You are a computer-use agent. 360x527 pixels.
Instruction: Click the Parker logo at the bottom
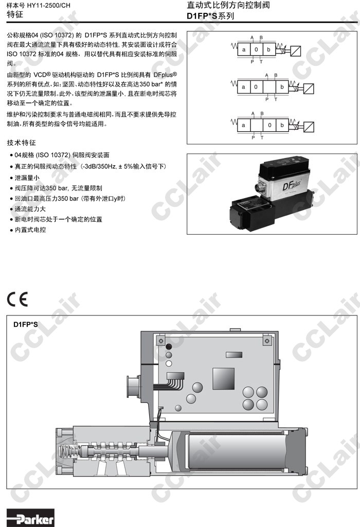pos(30,518)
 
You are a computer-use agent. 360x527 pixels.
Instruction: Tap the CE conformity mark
pos(17,299)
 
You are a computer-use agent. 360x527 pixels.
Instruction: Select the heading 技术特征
pos(21,143)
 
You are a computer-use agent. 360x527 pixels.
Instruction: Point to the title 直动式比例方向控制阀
pos(228,5)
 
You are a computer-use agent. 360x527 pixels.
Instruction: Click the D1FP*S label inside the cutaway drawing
pos(26,324)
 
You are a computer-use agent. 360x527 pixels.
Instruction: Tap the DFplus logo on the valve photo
pos(291,185)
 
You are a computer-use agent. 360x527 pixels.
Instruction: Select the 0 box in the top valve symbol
pos(256,49)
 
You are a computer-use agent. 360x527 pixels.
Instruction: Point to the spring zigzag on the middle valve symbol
pos(234,83)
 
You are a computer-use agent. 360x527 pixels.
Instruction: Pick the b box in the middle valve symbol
pos(282,86)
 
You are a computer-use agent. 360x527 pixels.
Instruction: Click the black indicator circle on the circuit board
pos(169,347)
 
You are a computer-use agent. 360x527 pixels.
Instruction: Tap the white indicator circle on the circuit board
pos(169,363)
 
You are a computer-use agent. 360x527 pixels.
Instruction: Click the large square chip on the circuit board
pos(223,378)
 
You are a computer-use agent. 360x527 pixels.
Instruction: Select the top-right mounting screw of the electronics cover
pos(267,341)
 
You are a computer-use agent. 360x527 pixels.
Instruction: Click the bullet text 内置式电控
pos(30,230)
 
